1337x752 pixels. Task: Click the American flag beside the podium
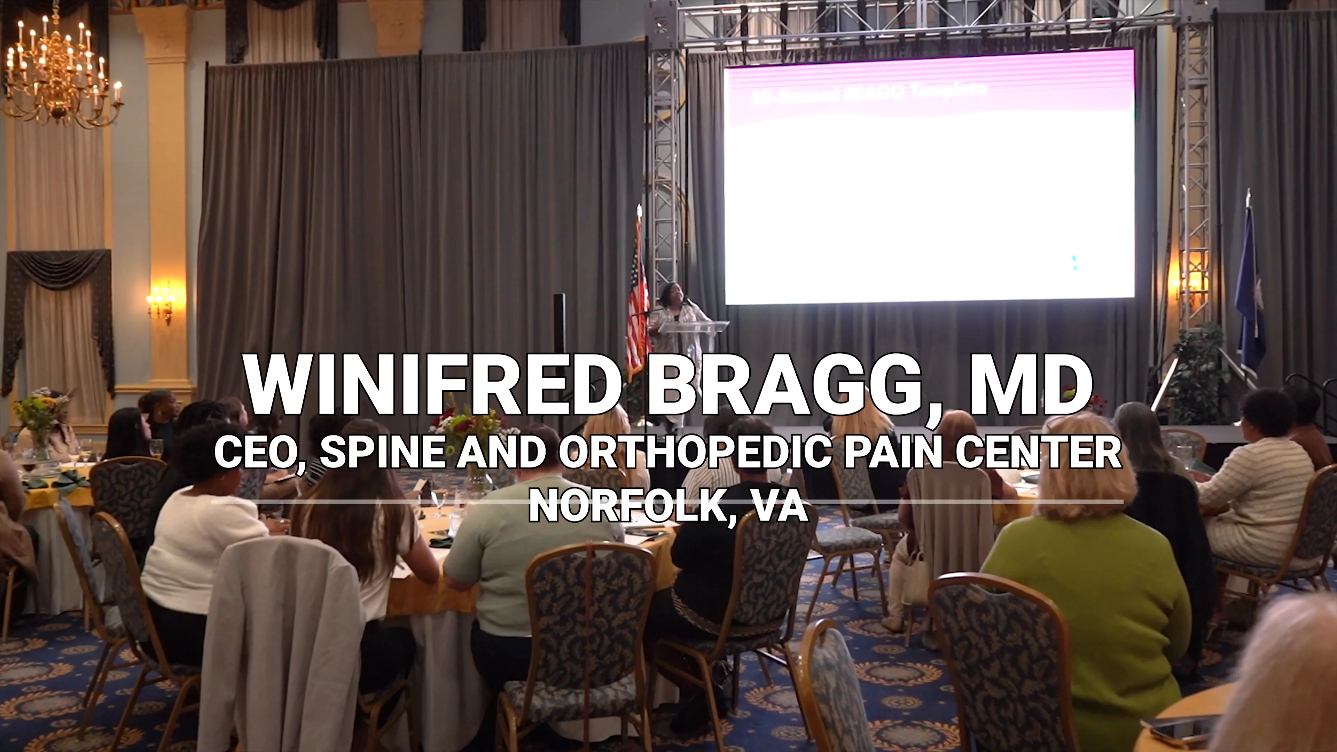(x=638, y=306)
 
